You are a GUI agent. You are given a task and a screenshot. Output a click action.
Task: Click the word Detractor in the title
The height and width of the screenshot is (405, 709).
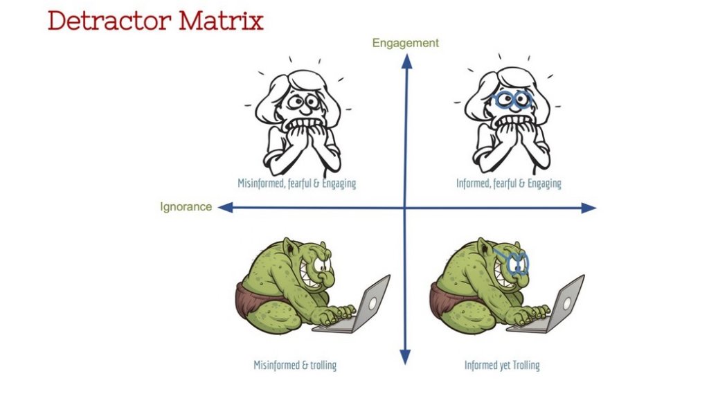click(109, 20)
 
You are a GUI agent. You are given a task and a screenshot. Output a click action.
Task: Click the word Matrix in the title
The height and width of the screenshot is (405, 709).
click(221, 20)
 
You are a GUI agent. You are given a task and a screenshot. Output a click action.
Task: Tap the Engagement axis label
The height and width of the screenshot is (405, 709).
click(406, 43)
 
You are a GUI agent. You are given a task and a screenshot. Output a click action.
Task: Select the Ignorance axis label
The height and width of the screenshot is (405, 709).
click(186, 206)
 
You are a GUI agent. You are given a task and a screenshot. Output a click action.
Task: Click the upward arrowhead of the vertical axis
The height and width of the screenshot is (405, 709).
click(406, 61)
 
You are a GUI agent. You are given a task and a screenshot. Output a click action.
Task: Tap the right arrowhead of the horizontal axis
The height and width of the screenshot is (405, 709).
click(589, 208)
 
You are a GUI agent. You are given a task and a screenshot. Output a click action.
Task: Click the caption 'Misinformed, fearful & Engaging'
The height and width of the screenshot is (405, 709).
click(296, 183)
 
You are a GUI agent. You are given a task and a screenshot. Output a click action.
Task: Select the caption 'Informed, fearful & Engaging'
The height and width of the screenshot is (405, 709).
click(509, 183)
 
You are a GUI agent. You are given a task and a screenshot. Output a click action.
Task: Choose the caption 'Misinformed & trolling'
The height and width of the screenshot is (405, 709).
click(295, 365)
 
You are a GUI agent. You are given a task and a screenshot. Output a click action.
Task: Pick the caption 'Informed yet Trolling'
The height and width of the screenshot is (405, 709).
click(502, 365)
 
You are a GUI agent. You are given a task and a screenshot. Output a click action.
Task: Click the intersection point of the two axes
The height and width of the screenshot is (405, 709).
click(405, 208)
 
